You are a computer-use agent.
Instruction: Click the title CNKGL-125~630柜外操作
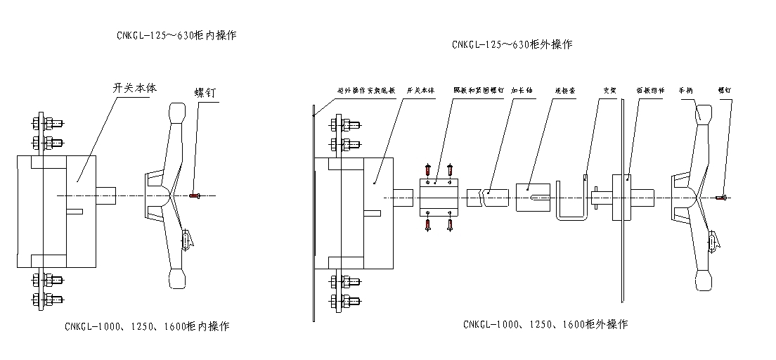click(x=512, y=44)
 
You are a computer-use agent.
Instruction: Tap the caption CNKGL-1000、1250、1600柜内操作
click(x=147, y=326)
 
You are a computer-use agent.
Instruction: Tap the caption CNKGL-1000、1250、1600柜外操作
click(x=545, y=324)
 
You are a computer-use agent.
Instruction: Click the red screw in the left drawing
click(x=195, y=195)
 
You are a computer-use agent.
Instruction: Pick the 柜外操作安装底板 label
click(x=366, y=91)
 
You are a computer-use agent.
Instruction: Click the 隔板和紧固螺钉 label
click(x=478, y=91)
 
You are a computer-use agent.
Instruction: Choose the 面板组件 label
click(x=650, y=91)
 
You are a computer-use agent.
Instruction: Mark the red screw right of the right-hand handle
click(x=722, y=198)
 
